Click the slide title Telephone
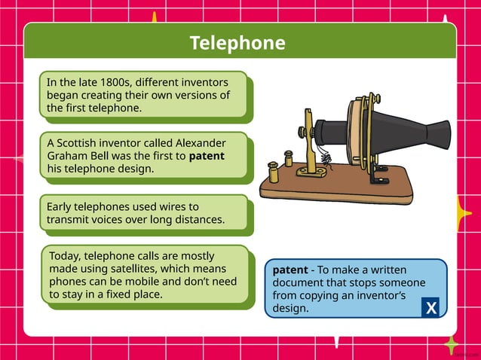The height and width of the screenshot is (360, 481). (x=237, y=44)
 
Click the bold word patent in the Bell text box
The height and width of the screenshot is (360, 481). (x=206, y=156)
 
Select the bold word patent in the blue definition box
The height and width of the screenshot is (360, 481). (x=290, y=269)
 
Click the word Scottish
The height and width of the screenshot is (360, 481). (x=79, y=143)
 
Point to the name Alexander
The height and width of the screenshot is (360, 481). (x=200, y=143)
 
